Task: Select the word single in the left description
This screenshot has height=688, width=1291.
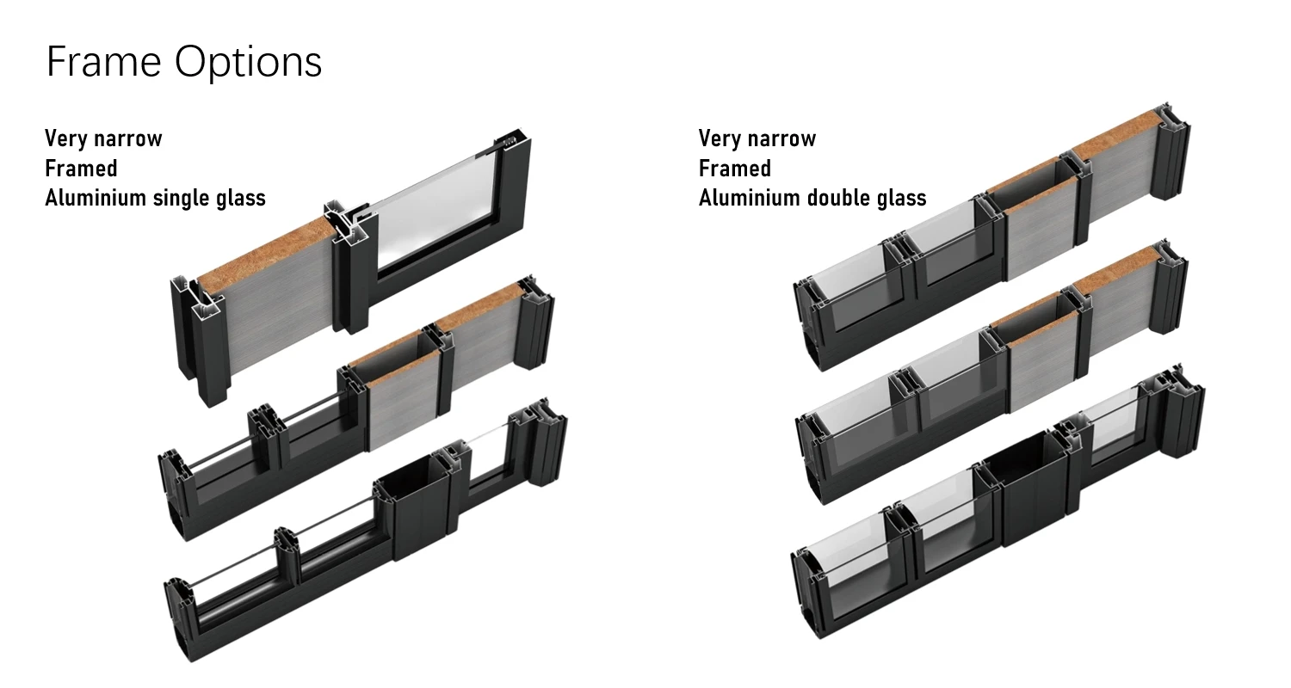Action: point(182,198)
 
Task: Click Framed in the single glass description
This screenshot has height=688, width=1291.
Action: point(81,168)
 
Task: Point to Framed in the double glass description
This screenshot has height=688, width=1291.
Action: point(735,168)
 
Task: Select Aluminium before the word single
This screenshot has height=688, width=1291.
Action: point(96,198)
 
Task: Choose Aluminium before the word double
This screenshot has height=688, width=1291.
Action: point(750,198)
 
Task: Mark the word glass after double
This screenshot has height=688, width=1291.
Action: point(899,198)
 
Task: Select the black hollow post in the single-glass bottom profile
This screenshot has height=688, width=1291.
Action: point(419,507)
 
